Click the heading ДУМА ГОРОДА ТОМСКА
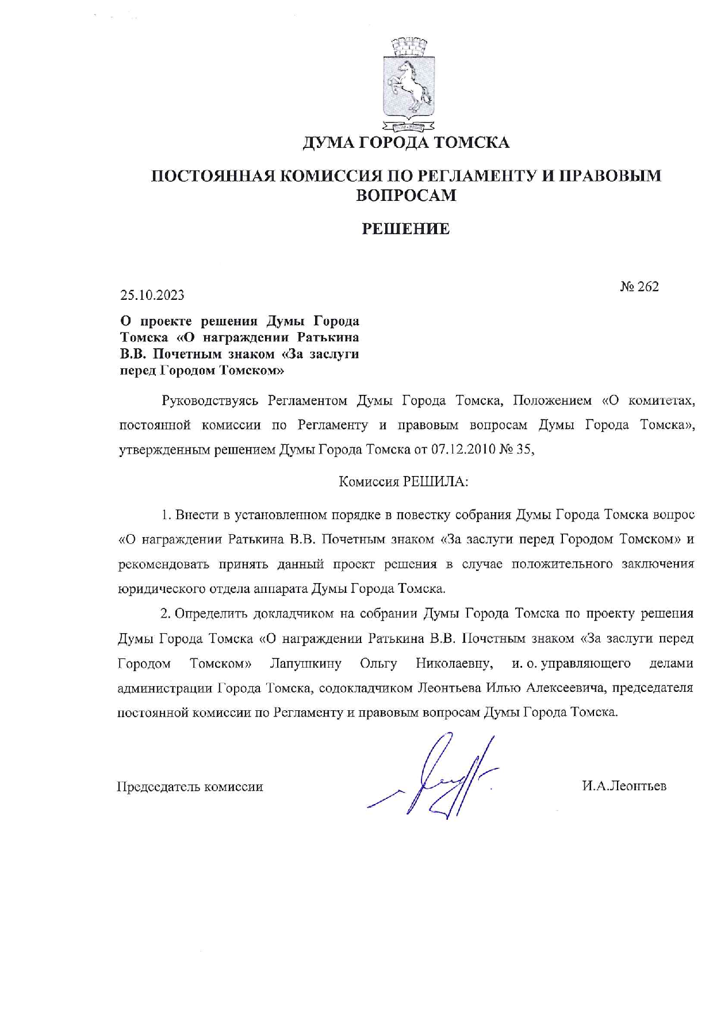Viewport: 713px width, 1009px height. coord(406,142)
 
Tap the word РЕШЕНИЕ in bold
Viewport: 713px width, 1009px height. coord(405,229)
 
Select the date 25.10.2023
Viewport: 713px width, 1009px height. coord(152,295)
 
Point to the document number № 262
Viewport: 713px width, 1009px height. coord(639,287)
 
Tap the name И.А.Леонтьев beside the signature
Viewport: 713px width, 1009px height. coord(624,786)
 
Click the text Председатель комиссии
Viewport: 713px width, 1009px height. coord(190,787)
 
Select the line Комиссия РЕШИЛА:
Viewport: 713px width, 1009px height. coord(403,482)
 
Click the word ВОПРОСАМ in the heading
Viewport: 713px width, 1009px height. coord(406,195)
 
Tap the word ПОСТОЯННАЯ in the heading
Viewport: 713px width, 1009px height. coord(210,176)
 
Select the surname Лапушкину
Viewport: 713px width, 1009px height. coord(305,663)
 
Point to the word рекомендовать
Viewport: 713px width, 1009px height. coord(164,564)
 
